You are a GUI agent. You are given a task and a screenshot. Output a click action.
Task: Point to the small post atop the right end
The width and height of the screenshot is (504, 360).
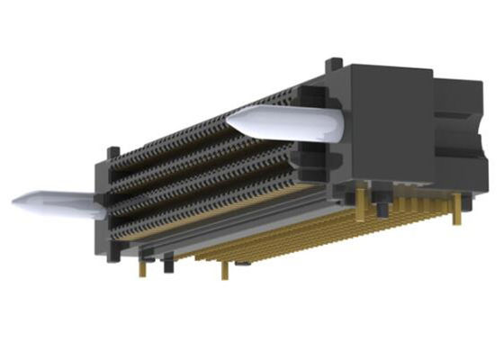pyautogui.click(x=335, y=65)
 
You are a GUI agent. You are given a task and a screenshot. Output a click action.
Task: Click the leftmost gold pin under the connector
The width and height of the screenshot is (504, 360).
pyautogui.click(x=142, y=266)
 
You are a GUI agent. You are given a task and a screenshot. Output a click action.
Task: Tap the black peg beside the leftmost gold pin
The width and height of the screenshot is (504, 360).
pyautogui.click(x=168, y=263)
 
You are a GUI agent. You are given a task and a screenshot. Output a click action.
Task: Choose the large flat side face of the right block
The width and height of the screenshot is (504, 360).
pyautogui.click(x=387, y=126)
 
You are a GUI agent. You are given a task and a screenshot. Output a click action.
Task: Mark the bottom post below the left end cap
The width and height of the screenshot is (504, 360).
pyautogui.click(x=112, y=254)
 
